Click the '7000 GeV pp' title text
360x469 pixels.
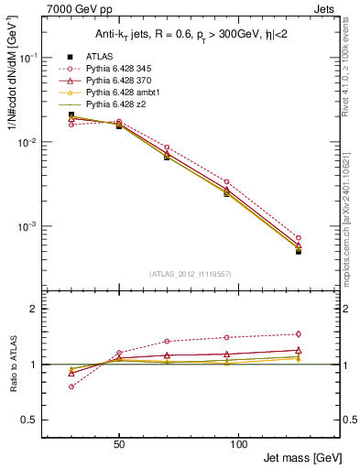point(74,7)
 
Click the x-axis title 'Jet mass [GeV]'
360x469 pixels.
point(301,456)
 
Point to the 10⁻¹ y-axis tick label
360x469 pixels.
point(43,57)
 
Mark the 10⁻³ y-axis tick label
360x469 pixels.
point(43,226)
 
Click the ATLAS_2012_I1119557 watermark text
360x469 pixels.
point(190,273)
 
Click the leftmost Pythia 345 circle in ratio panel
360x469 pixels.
point(71,387)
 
